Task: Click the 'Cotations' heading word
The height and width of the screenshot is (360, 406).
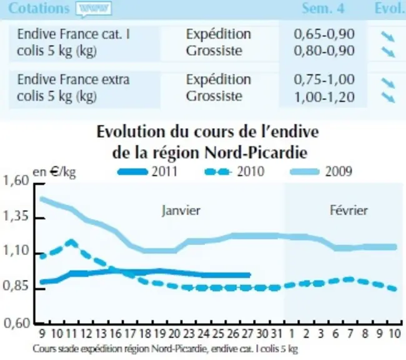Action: [x=39, y=8]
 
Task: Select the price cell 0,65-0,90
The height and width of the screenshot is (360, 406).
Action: [x=324, y=34]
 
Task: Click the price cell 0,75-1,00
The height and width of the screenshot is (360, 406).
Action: [x=324, y=79]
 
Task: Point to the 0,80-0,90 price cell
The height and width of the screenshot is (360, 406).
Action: [x=324, y=51]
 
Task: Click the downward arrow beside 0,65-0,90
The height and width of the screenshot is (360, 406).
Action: [x=388, y=36]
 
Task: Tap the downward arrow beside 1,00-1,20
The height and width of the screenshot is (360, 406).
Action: [x=389, y=97]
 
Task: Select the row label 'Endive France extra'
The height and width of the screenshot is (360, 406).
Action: [x=73, y=79]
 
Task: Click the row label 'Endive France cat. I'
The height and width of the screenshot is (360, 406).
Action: [x=74, y=34]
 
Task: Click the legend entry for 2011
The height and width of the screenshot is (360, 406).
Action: [x=147, y=172]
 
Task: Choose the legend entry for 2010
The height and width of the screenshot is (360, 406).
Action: [x=234, y=172]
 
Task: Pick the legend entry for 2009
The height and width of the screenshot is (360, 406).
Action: [x=322, y=172]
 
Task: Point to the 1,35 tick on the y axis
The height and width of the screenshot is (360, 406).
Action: [x=15, y=217]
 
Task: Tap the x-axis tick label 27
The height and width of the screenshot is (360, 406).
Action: [x=247, y=334]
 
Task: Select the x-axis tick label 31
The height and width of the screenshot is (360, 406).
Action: [x=277, y=334]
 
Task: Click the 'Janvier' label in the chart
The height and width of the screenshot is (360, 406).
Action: [x=181, y=211]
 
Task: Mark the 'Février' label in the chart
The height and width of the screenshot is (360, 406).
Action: [x=349, y=210]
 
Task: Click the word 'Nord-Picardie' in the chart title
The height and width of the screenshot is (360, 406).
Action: [x=256, y=153]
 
